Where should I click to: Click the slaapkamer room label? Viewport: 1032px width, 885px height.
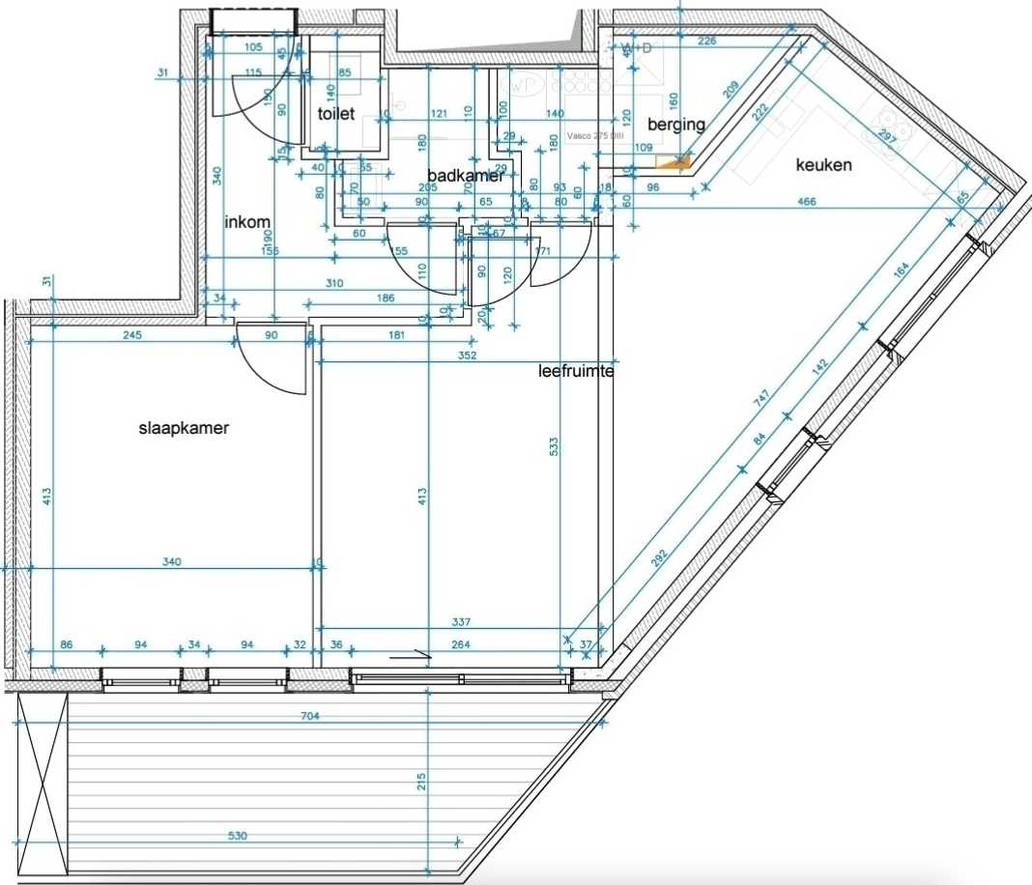pos(184,429)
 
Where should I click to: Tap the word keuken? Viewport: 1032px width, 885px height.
pos(823,165)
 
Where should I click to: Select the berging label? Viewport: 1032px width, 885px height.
pos(676,124)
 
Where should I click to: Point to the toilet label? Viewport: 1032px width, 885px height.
pos(336,113)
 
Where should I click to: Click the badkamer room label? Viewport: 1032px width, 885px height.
pos(465,176)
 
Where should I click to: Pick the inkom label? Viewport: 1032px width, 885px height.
pos(247,222)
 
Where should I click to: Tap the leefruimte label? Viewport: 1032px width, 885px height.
pos(577,369)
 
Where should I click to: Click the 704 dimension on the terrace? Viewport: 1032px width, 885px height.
pos(310,716)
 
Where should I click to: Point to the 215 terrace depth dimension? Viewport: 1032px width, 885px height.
pos(420,782)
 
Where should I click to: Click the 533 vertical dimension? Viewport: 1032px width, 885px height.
pos(554,446)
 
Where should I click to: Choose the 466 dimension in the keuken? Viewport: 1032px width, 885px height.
pos(805,202)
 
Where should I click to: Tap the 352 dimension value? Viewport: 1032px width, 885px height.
pos(468,356)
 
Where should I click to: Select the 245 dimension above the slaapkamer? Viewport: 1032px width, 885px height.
pos(133,336)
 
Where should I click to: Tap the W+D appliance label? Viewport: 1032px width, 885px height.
pos(637,47)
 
